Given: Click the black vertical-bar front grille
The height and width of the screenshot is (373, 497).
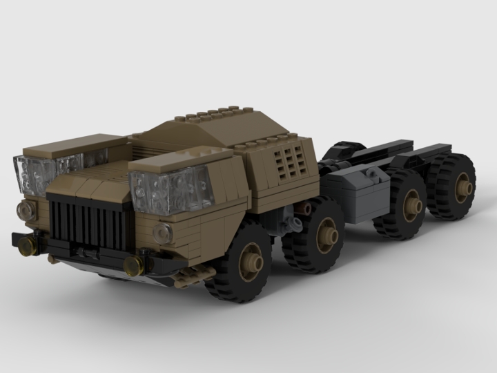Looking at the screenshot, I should point(90,222).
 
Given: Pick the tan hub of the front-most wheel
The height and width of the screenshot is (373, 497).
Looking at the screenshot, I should point(253,261).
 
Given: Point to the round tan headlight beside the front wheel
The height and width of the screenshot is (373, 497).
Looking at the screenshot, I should point(163,232).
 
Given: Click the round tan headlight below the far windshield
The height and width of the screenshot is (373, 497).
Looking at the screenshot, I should point(26,209).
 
